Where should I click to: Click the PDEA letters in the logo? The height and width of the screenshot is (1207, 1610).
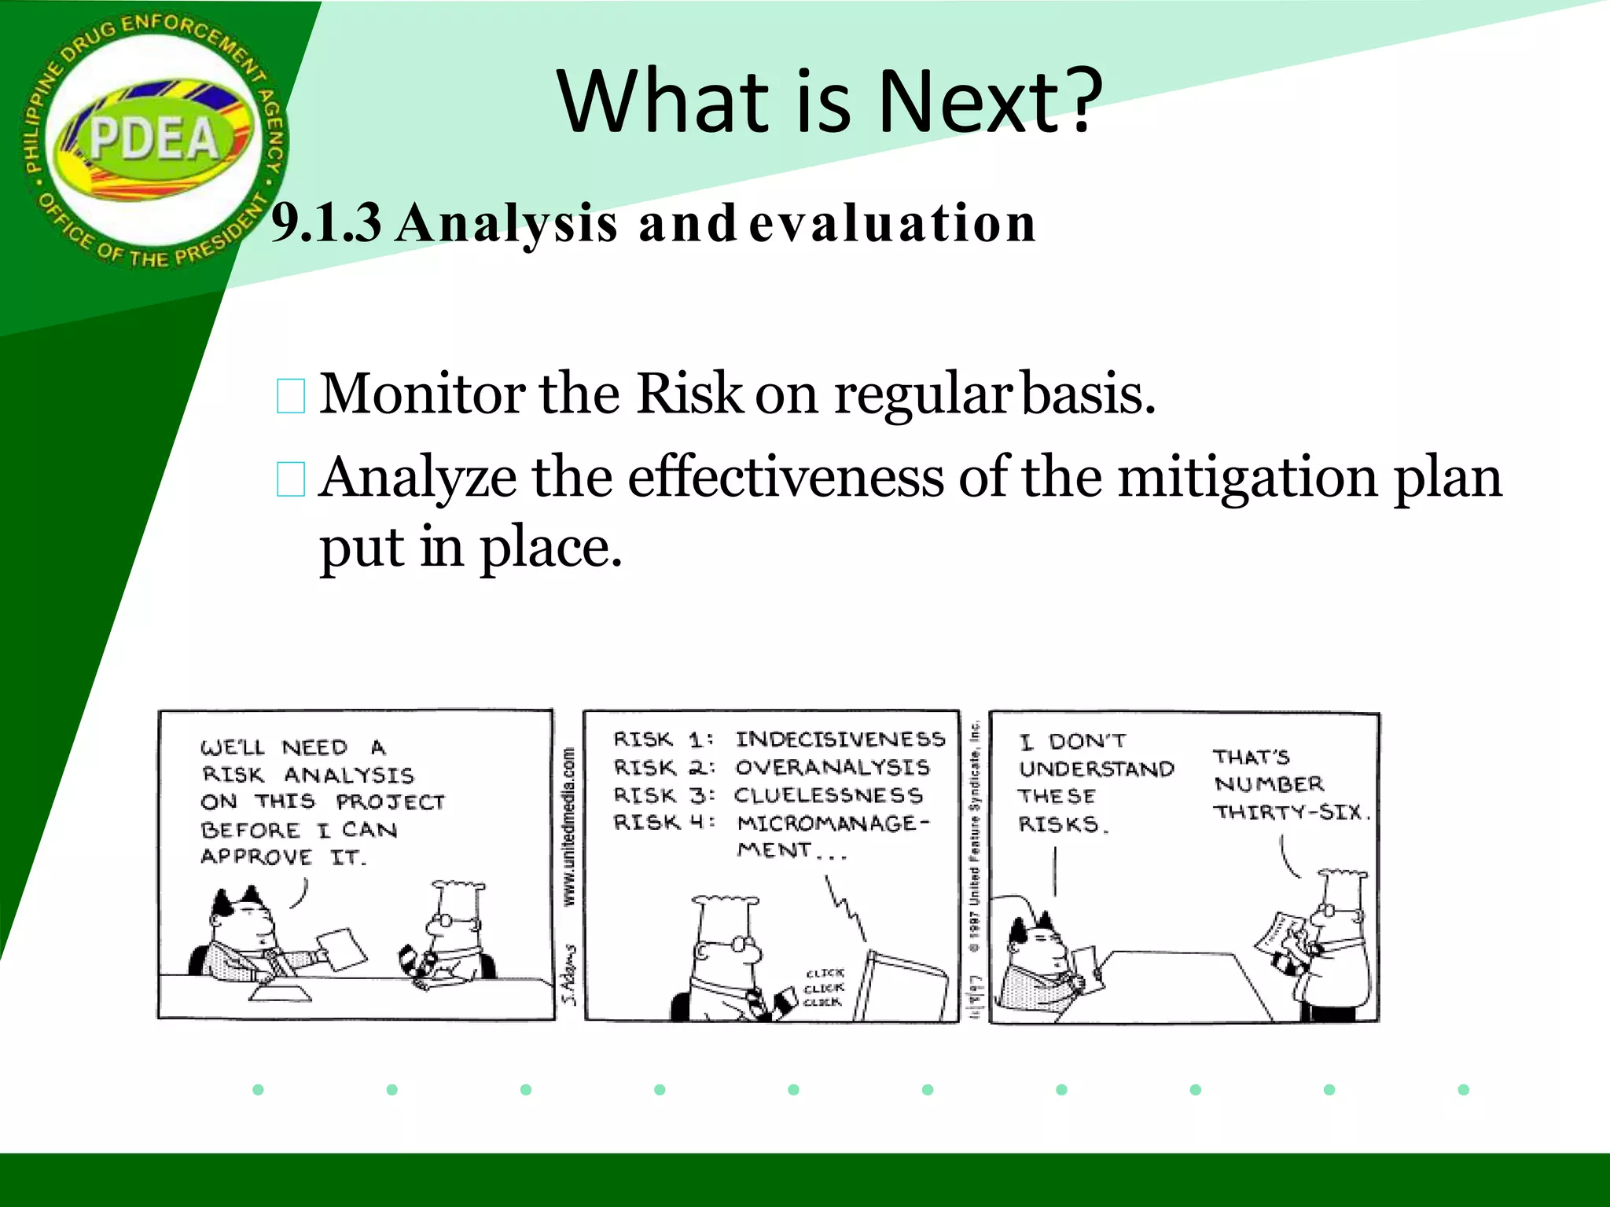click(154, 139)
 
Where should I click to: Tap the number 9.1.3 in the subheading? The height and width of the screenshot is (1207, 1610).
click(326, 223)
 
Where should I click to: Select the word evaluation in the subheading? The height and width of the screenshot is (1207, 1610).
click(892, 223)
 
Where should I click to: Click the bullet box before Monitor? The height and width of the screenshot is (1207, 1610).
click(291, 396)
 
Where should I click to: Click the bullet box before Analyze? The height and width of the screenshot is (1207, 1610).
click(291, 480)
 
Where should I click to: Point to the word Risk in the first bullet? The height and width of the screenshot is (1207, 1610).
click(689, 393)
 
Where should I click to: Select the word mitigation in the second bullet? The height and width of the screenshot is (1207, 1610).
click(1247, 477)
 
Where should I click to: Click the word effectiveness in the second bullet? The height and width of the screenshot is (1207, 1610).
click(785, 477)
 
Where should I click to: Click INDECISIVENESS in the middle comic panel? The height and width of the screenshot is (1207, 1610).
click(840, 739)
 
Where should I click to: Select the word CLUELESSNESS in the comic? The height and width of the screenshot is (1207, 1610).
click(828, 795)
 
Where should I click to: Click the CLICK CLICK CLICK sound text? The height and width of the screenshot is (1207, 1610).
click(824, 987)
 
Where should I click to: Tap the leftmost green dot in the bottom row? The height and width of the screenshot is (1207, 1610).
click(258, 1089)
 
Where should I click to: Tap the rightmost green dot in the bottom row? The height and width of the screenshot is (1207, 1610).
click(1463, 1089)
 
